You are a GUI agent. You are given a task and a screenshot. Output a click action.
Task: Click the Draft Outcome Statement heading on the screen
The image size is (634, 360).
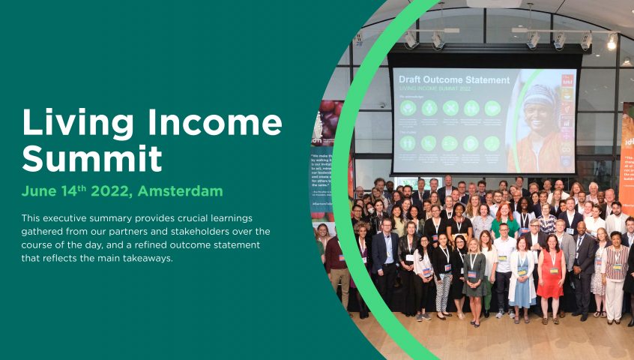click(x=454, y=79)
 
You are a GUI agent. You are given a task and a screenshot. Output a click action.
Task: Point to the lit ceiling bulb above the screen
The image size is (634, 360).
click(x=612, y=43)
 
